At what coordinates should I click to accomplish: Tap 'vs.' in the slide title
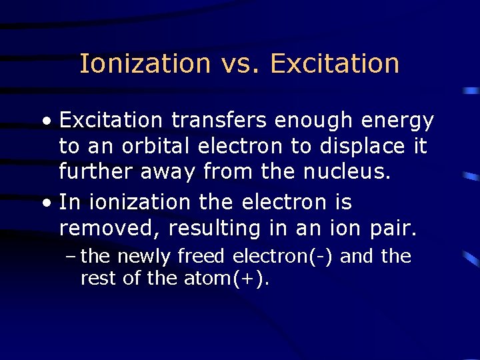click(241, 64)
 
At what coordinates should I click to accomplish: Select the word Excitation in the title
click(335, 64)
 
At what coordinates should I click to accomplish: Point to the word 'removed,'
click(110, 229)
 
